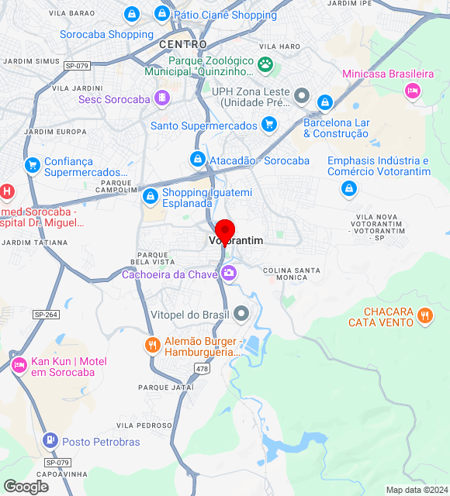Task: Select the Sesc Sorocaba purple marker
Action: (161, 98)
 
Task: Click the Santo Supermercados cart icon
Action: (268, 124)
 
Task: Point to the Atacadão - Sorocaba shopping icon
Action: (198, 160)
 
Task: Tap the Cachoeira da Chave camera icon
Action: (229, 273)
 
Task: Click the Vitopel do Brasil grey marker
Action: (242, 314)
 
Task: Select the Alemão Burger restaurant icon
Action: (152, 345)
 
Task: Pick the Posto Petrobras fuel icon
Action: (50, 441)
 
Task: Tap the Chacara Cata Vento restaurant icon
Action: (424, 315)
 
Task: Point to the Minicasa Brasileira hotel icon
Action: (413, 91)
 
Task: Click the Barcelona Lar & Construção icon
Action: (325, 102)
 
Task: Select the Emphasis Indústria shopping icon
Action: (350, 188)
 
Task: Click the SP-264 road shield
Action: (46, 315)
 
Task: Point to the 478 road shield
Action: (202, 369)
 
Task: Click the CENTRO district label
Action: (183, 44)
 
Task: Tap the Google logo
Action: (26, 486)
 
